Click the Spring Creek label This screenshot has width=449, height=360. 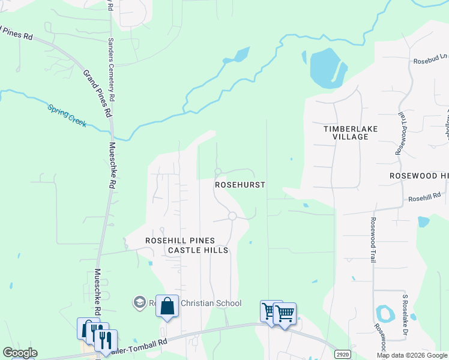click(67, 116)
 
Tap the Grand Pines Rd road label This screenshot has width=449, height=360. click(97, 93)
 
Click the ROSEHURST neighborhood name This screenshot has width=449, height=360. click(240, 185)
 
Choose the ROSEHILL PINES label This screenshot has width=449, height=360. click(178, 240)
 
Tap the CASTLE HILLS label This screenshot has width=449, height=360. click(198, 250)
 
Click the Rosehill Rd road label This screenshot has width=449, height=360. click(424, 196)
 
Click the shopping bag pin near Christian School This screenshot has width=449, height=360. click(167, 307)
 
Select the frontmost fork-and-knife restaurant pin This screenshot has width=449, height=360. click(106, 341)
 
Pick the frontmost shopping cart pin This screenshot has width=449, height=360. click(285, 314)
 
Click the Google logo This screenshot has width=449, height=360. click(20, 353)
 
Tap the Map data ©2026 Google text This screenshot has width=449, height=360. click(412, 355)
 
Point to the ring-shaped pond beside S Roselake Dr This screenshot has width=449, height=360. click(383, 313)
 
